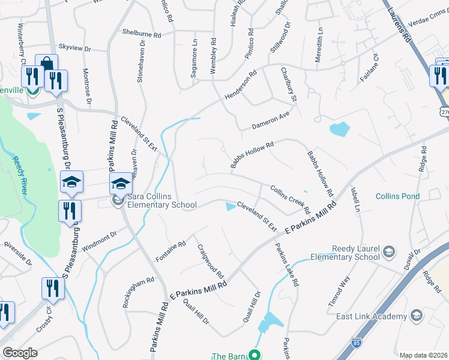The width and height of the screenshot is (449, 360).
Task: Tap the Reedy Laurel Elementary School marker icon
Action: click(x=388, y=251)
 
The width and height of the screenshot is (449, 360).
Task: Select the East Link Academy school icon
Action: click(x=416, y=316)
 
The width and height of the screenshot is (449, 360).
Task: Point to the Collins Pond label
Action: click(x=398, y=196)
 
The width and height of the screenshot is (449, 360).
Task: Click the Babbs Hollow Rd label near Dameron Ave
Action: click(x=252, y=154)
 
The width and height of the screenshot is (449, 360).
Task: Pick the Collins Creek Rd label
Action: click(x=289, y=200)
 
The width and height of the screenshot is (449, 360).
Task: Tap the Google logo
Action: click(x=20, y=353)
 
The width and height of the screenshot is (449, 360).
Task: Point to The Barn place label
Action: click(x=228, y=356)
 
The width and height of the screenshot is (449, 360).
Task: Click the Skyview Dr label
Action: click(x=74, y=47)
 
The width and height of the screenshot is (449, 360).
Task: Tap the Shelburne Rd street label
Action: click(x=142, y=34)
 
